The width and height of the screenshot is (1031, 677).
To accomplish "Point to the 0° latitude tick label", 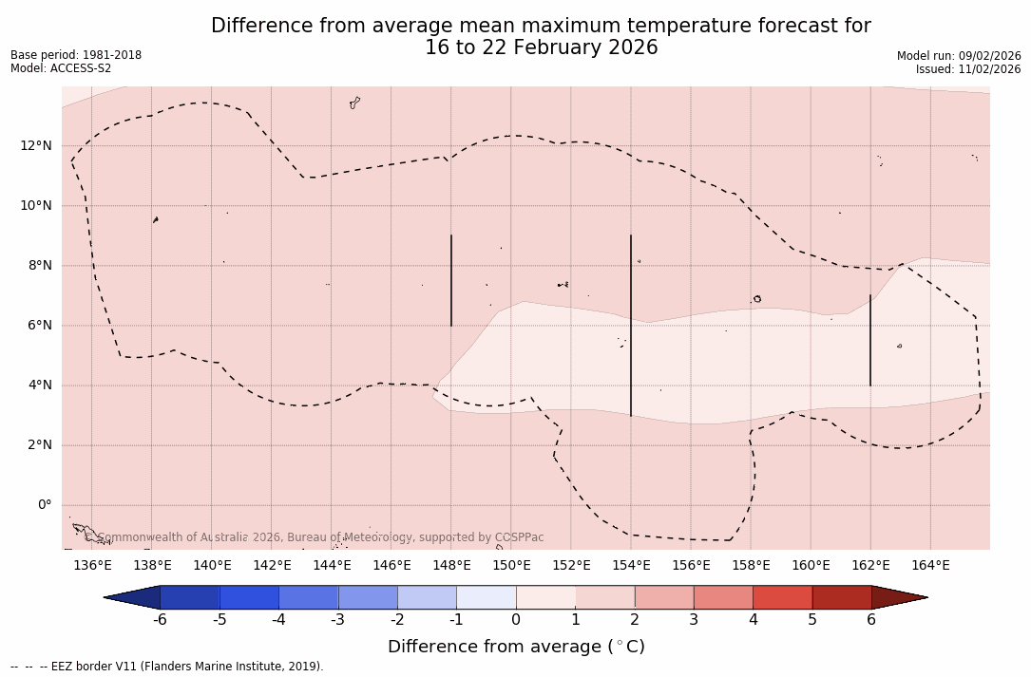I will click(45, 505).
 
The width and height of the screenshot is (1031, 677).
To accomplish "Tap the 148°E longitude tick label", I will click(451, 566).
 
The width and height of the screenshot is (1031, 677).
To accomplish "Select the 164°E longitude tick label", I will click(930, 566).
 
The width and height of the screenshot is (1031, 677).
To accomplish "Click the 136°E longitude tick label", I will click(92, 566).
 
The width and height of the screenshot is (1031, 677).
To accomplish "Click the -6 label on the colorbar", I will click(160, 620).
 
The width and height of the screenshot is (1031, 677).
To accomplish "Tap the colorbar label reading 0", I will click(516, 620).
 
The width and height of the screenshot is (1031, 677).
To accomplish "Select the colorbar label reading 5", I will click(812, 620).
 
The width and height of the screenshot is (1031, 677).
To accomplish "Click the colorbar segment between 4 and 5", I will click(782, 597).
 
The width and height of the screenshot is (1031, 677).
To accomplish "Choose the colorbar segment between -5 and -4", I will click(249, 597).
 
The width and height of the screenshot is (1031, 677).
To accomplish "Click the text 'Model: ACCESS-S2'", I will click(61, 68).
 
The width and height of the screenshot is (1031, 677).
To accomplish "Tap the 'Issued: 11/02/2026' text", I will click(968, 69).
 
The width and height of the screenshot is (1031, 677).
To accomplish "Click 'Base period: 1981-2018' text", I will click(76, 55).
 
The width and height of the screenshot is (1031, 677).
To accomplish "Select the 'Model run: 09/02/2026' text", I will click(959, 56).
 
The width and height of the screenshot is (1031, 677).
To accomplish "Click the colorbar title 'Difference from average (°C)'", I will click(516, 647).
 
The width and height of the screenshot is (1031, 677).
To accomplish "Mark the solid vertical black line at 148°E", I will click(451, 280).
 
